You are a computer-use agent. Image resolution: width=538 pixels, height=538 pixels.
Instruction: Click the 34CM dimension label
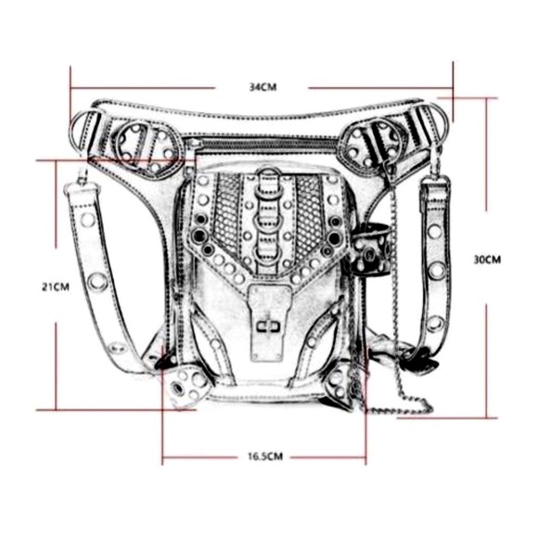pyautogui.click(x=263, y=87)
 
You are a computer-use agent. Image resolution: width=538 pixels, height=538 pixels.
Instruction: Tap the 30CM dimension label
pyautogui.click(x=487, y=260)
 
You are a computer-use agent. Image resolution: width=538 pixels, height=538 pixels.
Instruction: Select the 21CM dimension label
pyautogui.click(x=56, y=287)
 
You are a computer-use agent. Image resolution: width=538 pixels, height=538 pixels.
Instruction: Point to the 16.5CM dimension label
pyautogui.click(x=265, y=456)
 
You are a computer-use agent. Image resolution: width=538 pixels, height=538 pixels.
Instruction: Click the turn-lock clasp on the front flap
pyautogui.click(x=269, y=327)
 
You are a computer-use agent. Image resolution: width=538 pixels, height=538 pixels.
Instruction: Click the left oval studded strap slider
pyautogui.click(x=148, y=147)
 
